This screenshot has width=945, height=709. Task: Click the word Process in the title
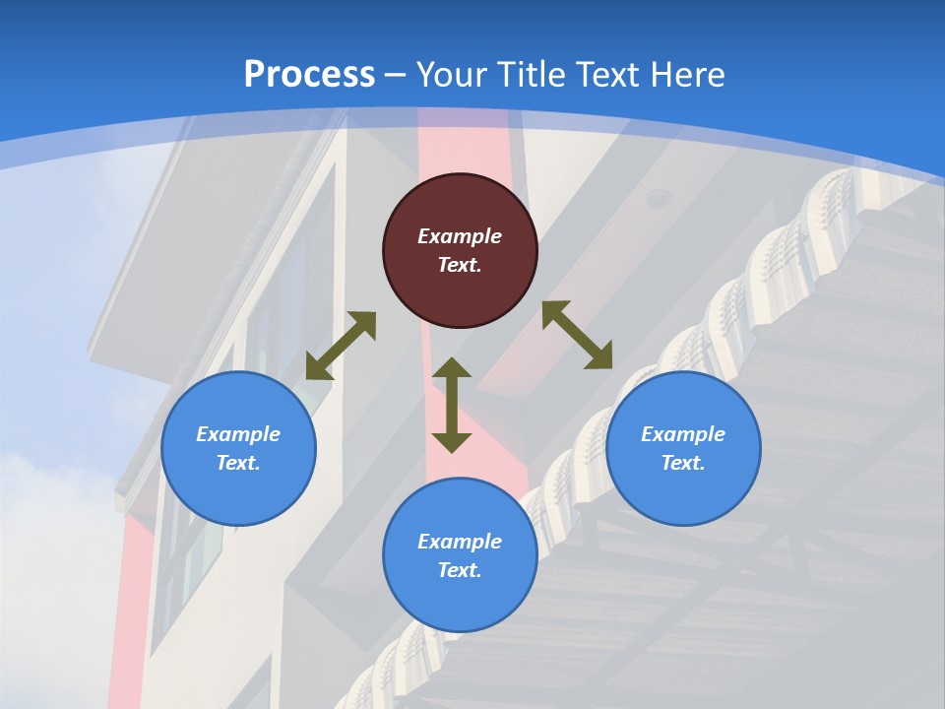[x=309, y=75]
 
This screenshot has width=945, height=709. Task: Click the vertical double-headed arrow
[x=452, y=406]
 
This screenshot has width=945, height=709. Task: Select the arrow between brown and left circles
[x=341, y=346]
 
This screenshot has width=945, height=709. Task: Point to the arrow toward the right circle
[x=577, y=335]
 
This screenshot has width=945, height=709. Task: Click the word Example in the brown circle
[x=460, y=236]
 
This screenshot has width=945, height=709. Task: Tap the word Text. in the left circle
[x=238, y=463]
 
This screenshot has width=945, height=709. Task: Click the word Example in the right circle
[x=683, y=434]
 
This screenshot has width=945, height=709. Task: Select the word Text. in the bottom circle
[x=460, y=570]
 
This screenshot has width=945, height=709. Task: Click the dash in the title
[x=396, y=75]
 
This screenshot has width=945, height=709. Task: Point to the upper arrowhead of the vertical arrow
[x=452, y=368]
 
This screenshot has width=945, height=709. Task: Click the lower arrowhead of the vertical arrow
[x=452, y=442]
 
